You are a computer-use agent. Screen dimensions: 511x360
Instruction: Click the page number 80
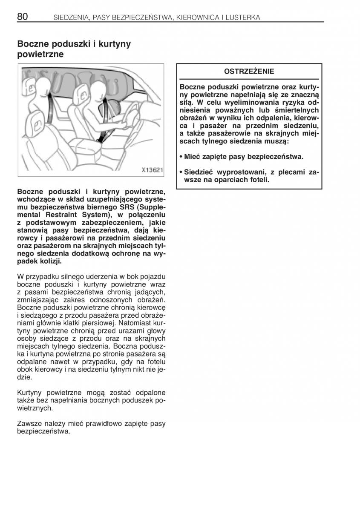pos(23,17)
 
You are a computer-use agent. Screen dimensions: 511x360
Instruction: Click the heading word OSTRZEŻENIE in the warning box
pos(249,71)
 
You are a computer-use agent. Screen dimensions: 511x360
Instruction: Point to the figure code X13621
pos(152,169)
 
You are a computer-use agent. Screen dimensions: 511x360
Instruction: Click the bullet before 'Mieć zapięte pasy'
pos(181,157)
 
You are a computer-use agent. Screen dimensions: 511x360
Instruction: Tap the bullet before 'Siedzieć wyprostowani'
pos(181,172)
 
